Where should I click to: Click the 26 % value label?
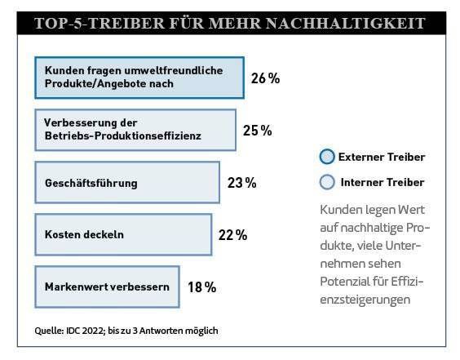265,78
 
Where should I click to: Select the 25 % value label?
257,131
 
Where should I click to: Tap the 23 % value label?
241,183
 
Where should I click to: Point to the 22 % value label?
232,235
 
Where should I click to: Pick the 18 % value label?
201,287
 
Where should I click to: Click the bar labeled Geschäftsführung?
127,182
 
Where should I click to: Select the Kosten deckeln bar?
123,234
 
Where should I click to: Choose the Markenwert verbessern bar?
107,287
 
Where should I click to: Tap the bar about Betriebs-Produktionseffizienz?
135,130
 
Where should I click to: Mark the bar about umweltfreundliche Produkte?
139,78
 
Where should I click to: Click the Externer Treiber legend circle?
327,157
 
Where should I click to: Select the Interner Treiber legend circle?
327,182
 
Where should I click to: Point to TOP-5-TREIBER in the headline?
100,23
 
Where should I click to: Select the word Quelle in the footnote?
49,331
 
